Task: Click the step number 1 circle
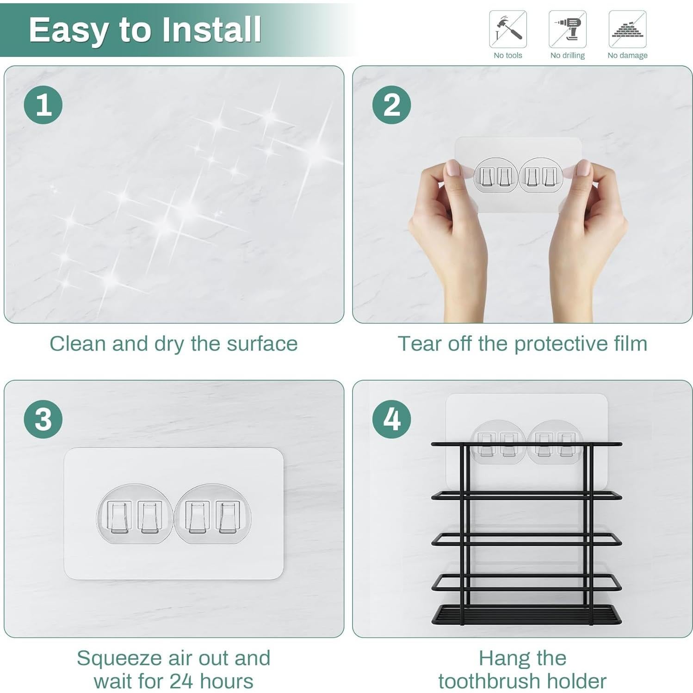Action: coord(43,105)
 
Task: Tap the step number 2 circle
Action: coord(391,105)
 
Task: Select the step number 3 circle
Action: coord(43,419)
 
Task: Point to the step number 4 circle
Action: coord(391,419)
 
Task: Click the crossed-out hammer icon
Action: coord(507,29)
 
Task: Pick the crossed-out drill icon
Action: coord(567,29)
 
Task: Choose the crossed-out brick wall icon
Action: coord(627,29)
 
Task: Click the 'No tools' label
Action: coord(507,56)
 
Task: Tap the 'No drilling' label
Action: coord(567,56)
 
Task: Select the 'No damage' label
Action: coord(627,56)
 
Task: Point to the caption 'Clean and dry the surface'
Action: coord(173,344)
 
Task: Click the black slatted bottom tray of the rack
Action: coord(526,614)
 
